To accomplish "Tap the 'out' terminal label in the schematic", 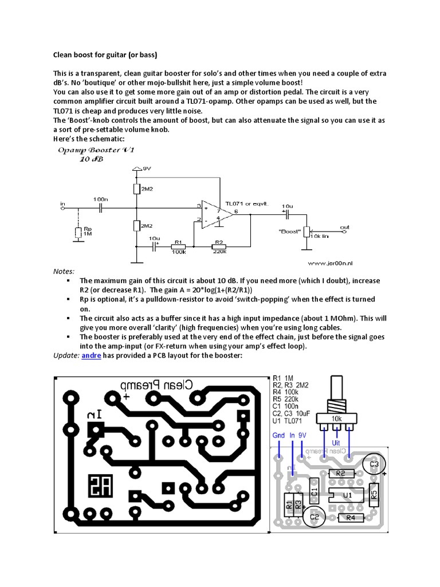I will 344,227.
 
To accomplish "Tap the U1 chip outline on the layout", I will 345,495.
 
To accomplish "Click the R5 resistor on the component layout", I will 374,494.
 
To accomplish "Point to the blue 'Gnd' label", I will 278,436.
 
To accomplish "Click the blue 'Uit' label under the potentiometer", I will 336,443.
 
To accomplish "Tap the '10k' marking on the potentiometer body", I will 336,418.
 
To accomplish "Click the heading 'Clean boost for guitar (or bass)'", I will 105,55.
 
